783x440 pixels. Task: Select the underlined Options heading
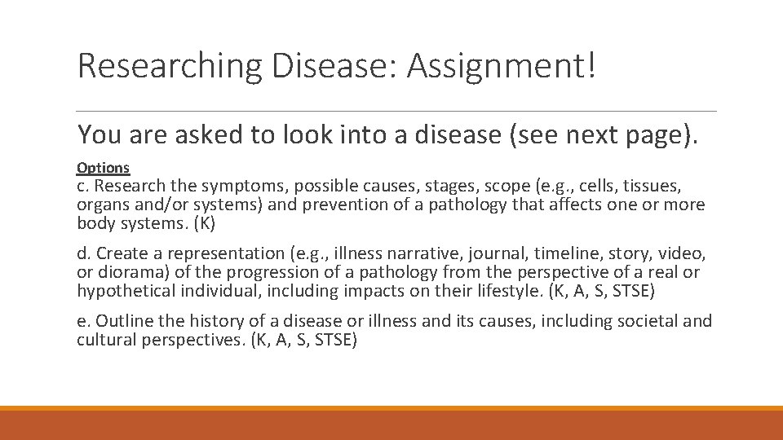coord(103,168)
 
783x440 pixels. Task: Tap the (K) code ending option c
coord(203,222)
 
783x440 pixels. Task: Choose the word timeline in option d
coord(564,254)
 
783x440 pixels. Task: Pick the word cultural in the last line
coord(105,339)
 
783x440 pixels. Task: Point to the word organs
coord(103,205)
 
